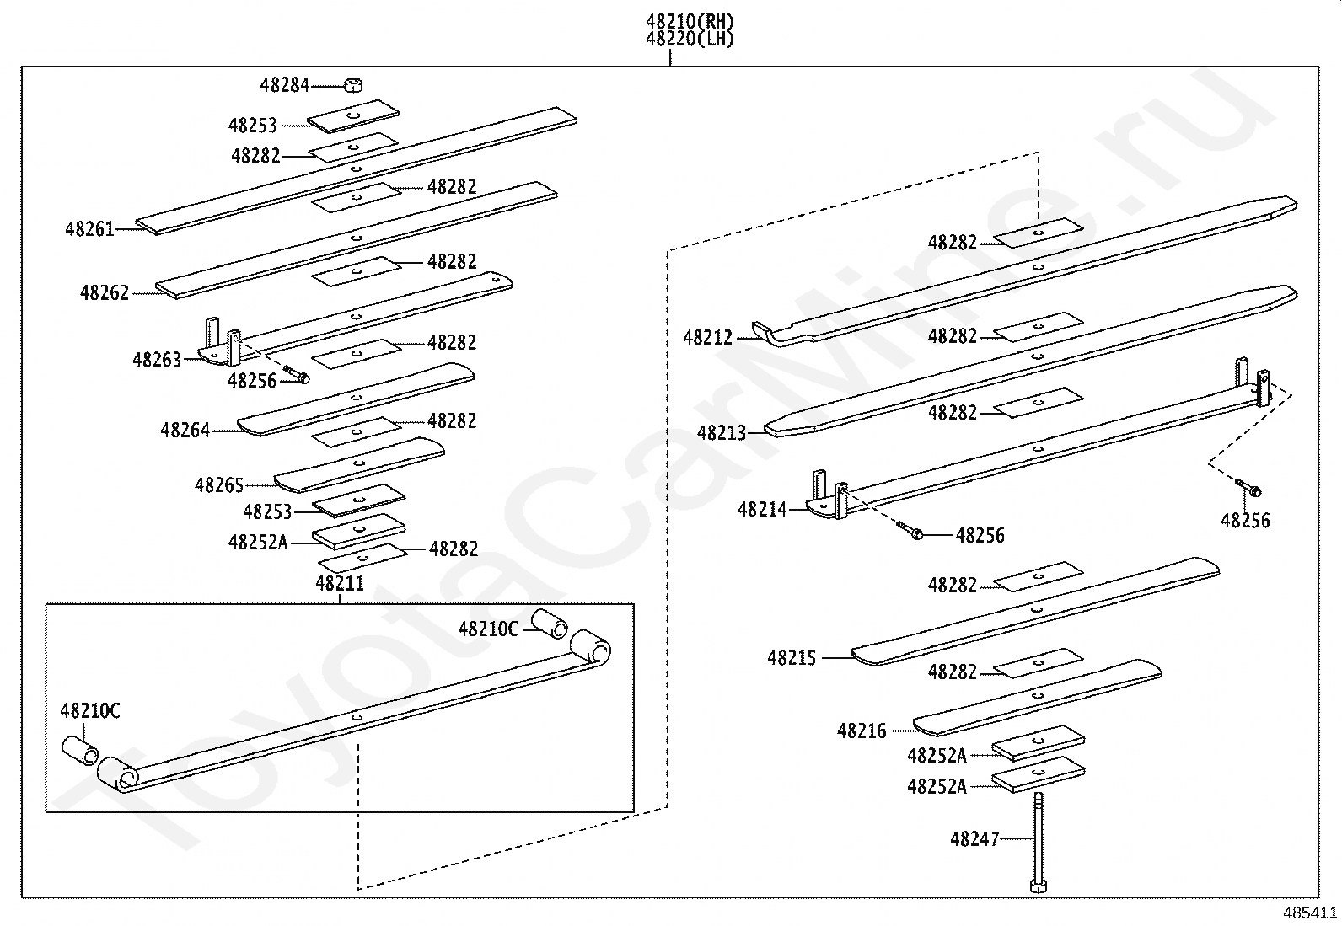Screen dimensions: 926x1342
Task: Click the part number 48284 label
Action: click(284, 85)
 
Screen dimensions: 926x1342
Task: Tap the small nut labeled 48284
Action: click(354, 84)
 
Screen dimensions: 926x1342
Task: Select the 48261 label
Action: click(89, 228)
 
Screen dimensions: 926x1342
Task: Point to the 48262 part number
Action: click(105, 293)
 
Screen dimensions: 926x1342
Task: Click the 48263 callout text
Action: click(157, 361)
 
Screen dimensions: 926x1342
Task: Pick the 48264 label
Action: click(185, 431)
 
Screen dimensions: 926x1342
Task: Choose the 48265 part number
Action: click(219, 485)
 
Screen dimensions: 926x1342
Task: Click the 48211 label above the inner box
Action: click(340, 583)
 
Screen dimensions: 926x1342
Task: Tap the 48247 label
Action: click(974, 839)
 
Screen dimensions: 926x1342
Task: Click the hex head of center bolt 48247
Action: click(1039, 885)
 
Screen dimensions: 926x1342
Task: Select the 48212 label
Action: click(708, 338)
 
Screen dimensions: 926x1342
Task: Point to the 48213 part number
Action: click(722, 434)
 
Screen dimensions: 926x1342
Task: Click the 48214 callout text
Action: click(762, 510)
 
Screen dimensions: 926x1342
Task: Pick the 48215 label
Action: click(792, 658)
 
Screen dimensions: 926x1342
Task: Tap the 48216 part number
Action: click(862, 731)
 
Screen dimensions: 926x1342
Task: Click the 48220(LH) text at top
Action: click(690, 39)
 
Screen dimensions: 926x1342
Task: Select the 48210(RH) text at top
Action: click(690, 21)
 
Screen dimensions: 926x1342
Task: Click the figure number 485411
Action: click(1310, 913)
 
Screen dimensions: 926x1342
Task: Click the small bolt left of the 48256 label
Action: click(910, 531)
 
